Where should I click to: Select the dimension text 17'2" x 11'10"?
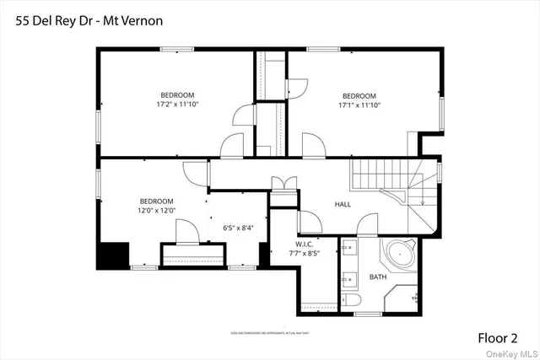coord(177,105)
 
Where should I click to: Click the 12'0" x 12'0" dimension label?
coord(156,211)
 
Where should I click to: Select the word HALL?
coord(343,204)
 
